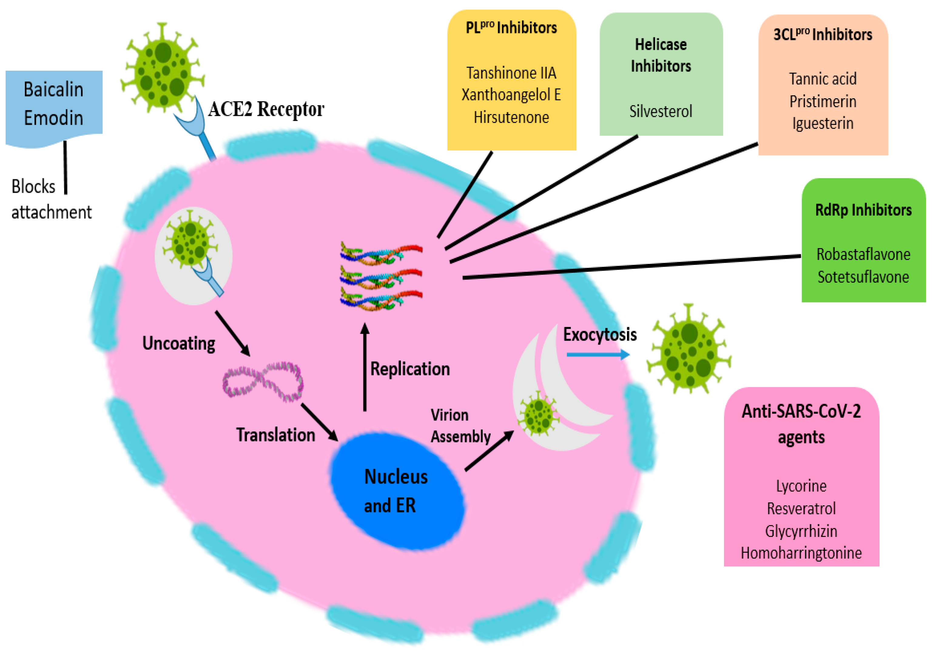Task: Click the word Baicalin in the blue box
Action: click(53, 89)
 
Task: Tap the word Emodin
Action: click(53, 118)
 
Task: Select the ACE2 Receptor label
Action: click(266, 109)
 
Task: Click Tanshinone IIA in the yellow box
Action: click(511, 73)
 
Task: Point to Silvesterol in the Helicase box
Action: click(660, 111)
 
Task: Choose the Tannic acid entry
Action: click(823, 79)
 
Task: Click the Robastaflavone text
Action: click(863, 255)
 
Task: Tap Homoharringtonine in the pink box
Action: click(801, 553)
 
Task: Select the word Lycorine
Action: click(801, 486)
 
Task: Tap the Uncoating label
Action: click(178, 344)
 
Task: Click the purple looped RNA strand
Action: click(263, 382)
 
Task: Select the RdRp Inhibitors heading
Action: click(863, 210)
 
